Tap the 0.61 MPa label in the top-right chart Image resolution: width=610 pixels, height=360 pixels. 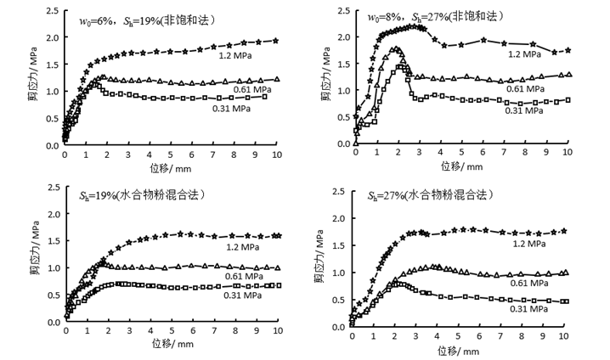pos(525,87)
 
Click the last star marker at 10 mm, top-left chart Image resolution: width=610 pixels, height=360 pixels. pos(277,40)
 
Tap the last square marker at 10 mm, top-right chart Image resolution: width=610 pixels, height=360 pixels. pos(568,99)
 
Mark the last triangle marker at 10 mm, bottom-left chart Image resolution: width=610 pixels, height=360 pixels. pos(278,267)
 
